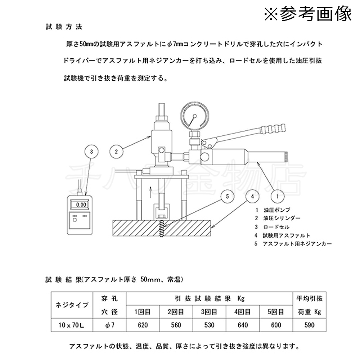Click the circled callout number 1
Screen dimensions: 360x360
[x=278, y=197]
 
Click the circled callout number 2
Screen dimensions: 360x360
[x=116, y=151]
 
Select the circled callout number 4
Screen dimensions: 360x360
[x=253, y=197]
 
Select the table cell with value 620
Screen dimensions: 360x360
[x=143, y=325]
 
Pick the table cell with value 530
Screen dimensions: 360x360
[x=209, y=325]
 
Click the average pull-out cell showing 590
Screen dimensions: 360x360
[x=309, y=325]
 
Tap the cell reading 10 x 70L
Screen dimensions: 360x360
[x=72, y=325]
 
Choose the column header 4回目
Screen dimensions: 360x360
[x=243, y=312]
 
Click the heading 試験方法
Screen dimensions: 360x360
[x=64, y=26]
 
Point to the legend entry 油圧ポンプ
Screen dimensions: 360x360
[x=277, y=210]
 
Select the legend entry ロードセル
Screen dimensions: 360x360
[x=276, y=227]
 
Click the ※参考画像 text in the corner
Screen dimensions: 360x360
[x=308, y=14]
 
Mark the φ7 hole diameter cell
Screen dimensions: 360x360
[x=110, y=325]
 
